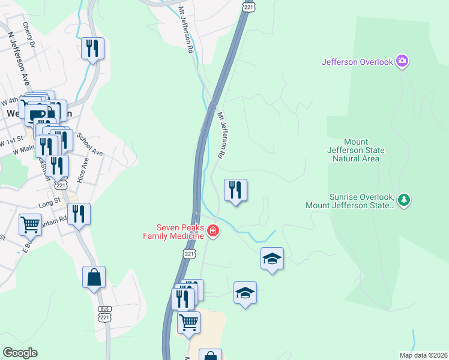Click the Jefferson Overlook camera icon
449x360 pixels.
pos(402,61)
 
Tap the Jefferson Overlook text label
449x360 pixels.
pos(357,61)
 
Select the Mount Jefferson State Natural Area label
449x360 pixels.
pos(356,150)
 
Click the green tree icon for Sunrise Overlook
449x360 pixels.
pos(405,199)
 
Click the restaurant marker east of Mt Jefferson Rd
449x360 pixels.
pos(235,191)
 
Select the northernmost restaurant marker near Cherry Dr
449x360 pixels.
pos(92,49)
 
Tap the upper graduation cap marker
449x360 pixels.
pos(272,259)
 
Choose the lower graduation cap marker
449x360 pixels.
pos(245,293)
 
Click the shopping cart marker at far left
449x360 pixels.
pos(30,225)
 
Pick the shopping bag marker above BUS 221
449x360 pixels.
pos(94,277)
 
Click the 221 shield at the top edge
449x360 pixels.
pos(248,5)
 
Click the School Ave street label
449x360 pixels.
pos(90,145)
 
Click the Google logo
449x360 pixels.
pos(20,353)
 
